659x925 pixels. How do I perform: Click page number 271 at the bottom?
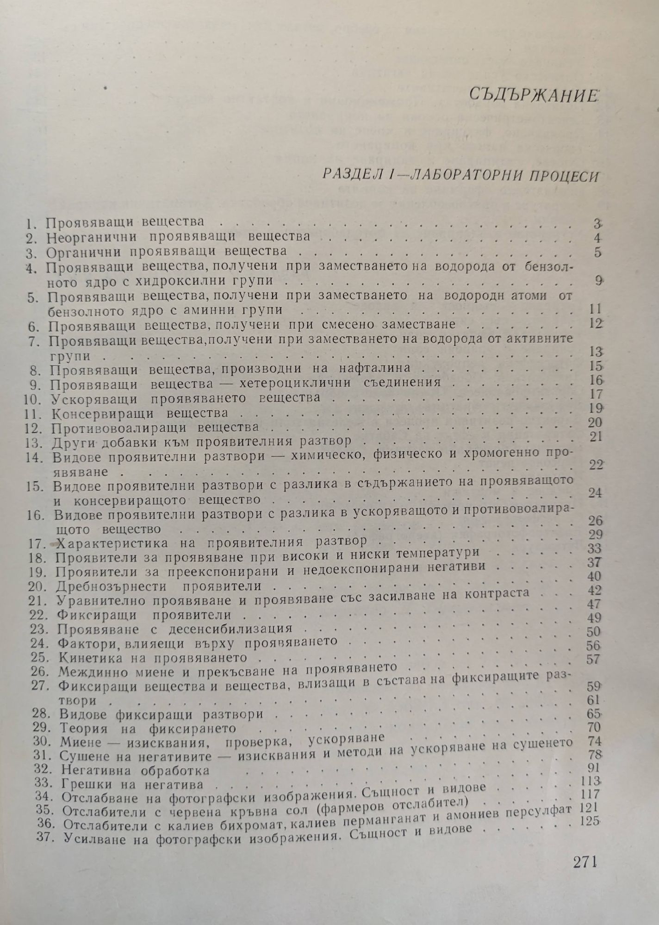585,863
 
